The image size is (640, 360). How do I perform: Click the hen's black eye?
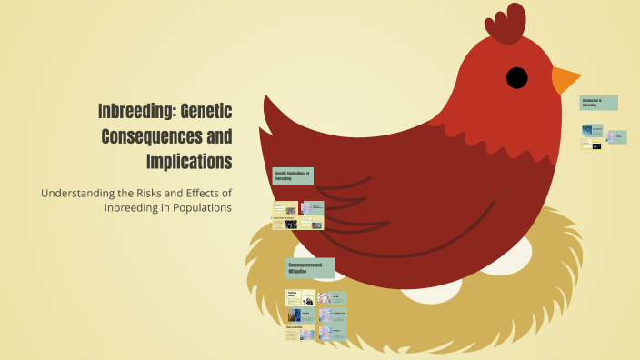516,77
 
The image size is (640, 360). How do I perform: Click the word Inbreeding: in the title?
135,112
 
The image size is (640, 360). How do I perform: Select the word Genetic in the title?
206,112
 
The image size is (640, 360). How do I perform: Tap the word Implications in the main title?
189,162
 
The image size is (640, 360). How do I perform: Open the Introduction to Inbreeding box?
599,103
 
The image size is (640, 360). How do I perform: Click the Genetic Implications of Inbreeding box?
294,175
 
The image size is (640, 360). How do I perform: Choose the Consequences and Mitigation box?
310,268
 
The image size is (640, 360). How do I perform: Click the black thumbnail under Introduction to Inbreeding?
596,145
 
